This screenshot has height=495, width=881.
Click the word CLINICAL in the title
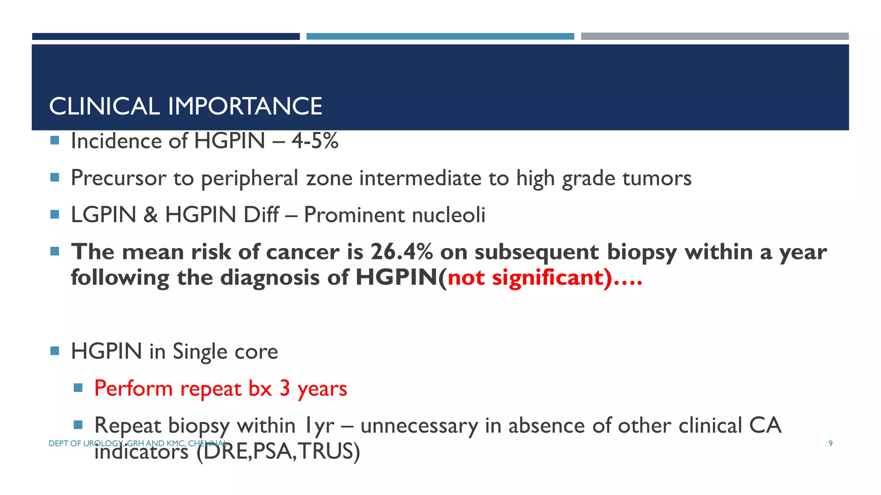pyautogui.click(x=105, y=106)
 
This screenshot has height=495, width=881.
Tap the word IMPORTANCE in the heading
pyautogui.click(x=245, y=106)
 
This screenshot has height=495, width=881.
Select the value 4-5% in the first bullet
pyautogui.click(x=315, y=141)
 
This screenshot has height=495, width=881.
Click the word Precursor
pyautogui.click(x=119, y=178)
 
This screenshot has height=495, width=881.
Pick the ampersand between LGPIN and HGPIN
pyautogui.click(x=151, y=215)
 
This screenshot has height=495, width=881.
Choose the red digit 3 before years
pyautogui.click(x=285, y=388)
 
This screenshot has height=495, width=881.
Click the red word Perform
pyautogui.click(x=133, y=388)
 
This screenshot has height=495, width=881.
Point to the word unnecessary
pyautogui.click(x=419, y=426)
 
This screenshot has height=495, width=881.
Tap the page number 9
pyautogui.click(x=831, y=443)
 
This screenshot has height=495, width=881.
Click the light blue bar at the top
pyautogui.click(x=440, y=37)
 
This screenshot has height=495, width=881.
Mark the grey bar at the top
pyautogui.click(x=715, y=37)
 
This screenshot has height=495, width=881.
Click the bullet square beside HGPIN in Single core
pyautogui.click(x=55, y=351)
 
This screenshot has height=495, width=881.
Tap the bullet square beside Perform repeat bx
pyautogui.click(x=78, y=388)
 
